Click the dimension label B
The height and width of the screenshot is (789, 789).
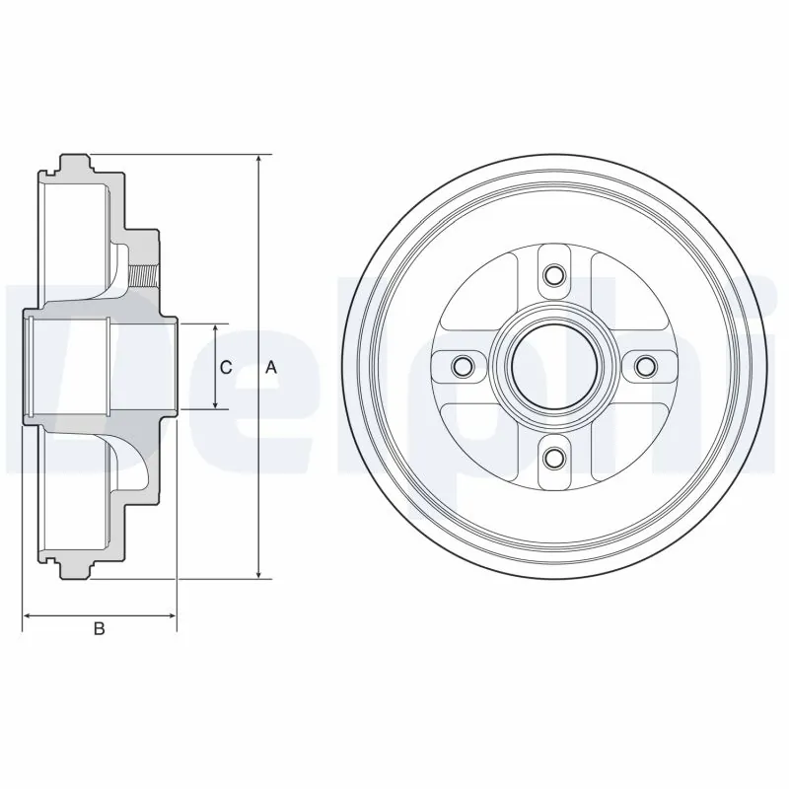[x=99, y=629]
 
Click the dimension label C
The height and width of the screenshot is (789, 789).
[x=226, y=367]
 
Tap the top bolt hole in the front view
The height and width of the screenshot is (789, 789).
[x=553, y=274]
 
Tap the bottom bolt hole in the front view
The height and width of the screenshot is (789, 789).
[x=553, y=458]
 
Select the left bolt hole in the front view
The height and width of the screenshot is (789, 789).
[x=462, y=367]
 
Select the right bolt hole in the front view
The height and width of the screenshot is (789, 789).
[x=645, y=367]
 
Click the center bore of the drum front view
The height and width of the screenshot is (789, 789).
[x=553, y=367]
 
